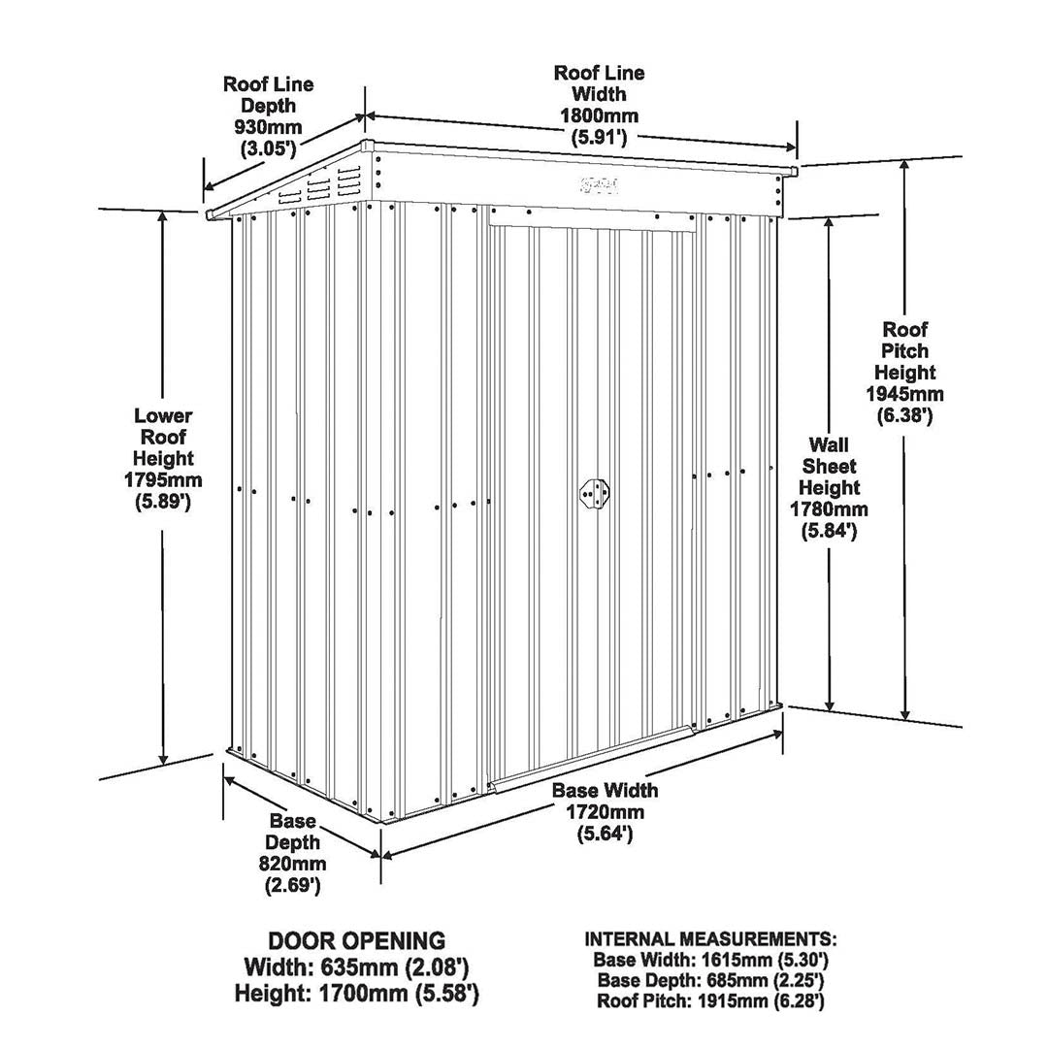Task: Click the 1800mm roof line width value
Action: click(x=599, y=115)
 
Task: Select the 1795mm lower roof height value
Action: click(x=163, y=480)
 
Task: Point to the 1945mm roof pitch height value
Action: click(x=905, y=394)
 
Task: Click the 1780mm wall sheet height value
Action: click(x=829, y=509)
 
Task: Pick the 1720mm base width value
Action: click(x=606, y=812)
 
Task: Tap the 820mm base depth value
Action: click(x=293, y=864)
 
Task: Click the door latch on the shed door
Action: click(x=594, y=494)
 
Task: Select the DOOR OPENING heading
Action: click(x=356, y=941)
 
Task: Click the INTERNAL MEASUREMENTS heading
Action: click(x=710, y=939)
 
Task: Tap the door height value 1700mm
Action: click(x=362, y=994)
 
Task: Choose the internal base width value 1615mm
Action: click(x=739, y=961)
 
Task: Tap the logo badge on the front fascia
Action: click(x=600, y=183)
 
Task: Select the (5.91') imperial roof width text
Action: click(x=599, y=138)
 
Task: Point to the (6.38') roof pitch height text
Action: click(x=905, y=415)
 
